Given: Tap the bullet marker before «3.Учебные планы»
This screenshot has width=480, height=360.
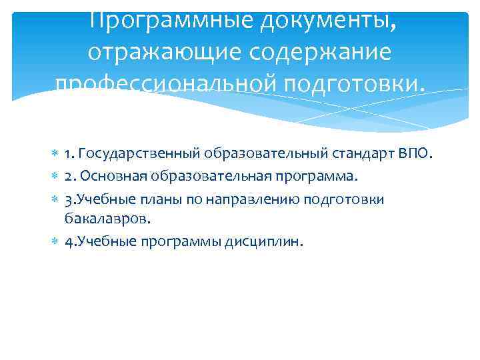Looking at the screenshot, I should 55,199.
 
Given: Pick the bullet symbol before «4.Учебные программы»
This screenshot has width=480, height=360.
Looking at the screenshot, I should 55,241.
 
